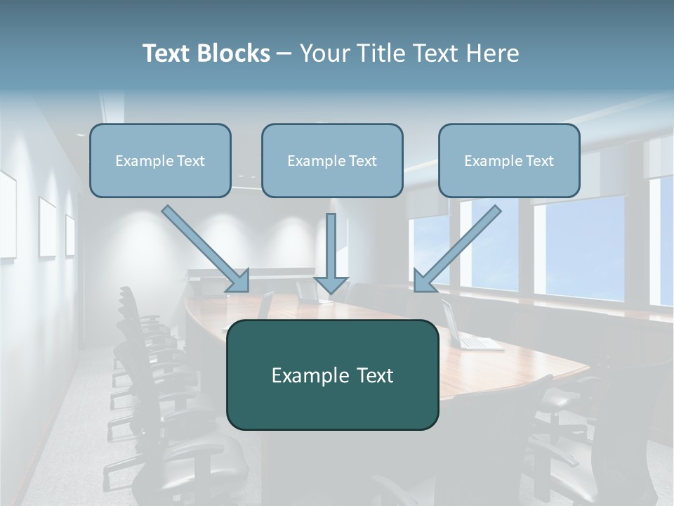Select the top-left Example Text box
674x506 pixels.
click(x=160, y=161)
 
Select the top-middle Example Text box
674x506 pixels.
click(x=332, y=161)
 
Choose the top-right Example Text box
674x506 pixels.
click(x=509, y=161)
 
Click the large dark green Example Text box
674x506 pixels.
click(x=332, y=375)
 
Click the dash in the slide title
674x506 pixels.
click(x=284, y=54)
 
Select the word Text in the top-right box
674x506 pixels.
click(x=539, y=161)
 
